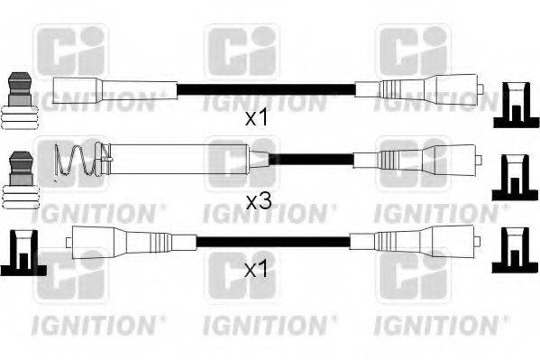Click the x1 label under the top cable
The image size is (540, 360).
tap(258, 118)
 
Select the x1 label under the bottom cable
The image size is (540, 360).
tap(258, 269)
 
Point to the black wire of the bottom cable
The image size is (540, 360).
tap(270, 241)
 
